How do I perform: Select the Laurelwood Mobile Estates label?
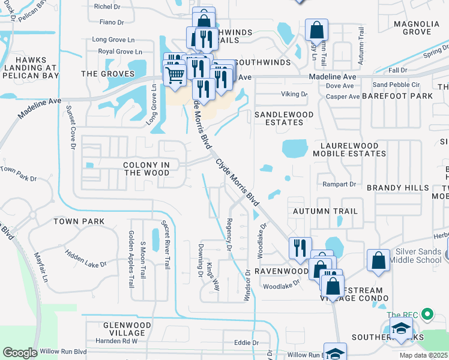click(353, 149)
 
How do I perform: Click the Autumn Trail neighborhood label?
click(325, 211)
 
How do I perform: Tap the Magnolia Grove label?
click(421, 28)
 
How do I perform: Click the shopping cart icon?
click(175, 74)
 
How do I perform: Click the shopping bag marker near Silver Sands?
click(378, 260)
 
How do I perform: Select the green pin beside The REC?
click(427, 314)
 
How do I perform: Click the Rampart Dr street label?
click(339, 184)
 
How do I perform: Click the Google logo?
click(20, 353)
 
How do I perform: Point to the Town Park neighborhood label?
click(79, 221)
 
